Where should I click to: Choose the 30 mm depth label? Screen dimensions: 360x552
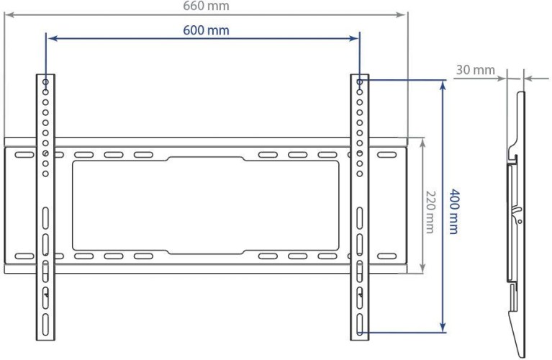point(475,70)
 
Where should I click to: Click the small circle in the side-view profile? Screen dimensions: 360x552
point(520,222)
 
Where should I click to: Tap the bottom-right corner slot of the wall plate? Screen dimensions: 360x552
point(387,255)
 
